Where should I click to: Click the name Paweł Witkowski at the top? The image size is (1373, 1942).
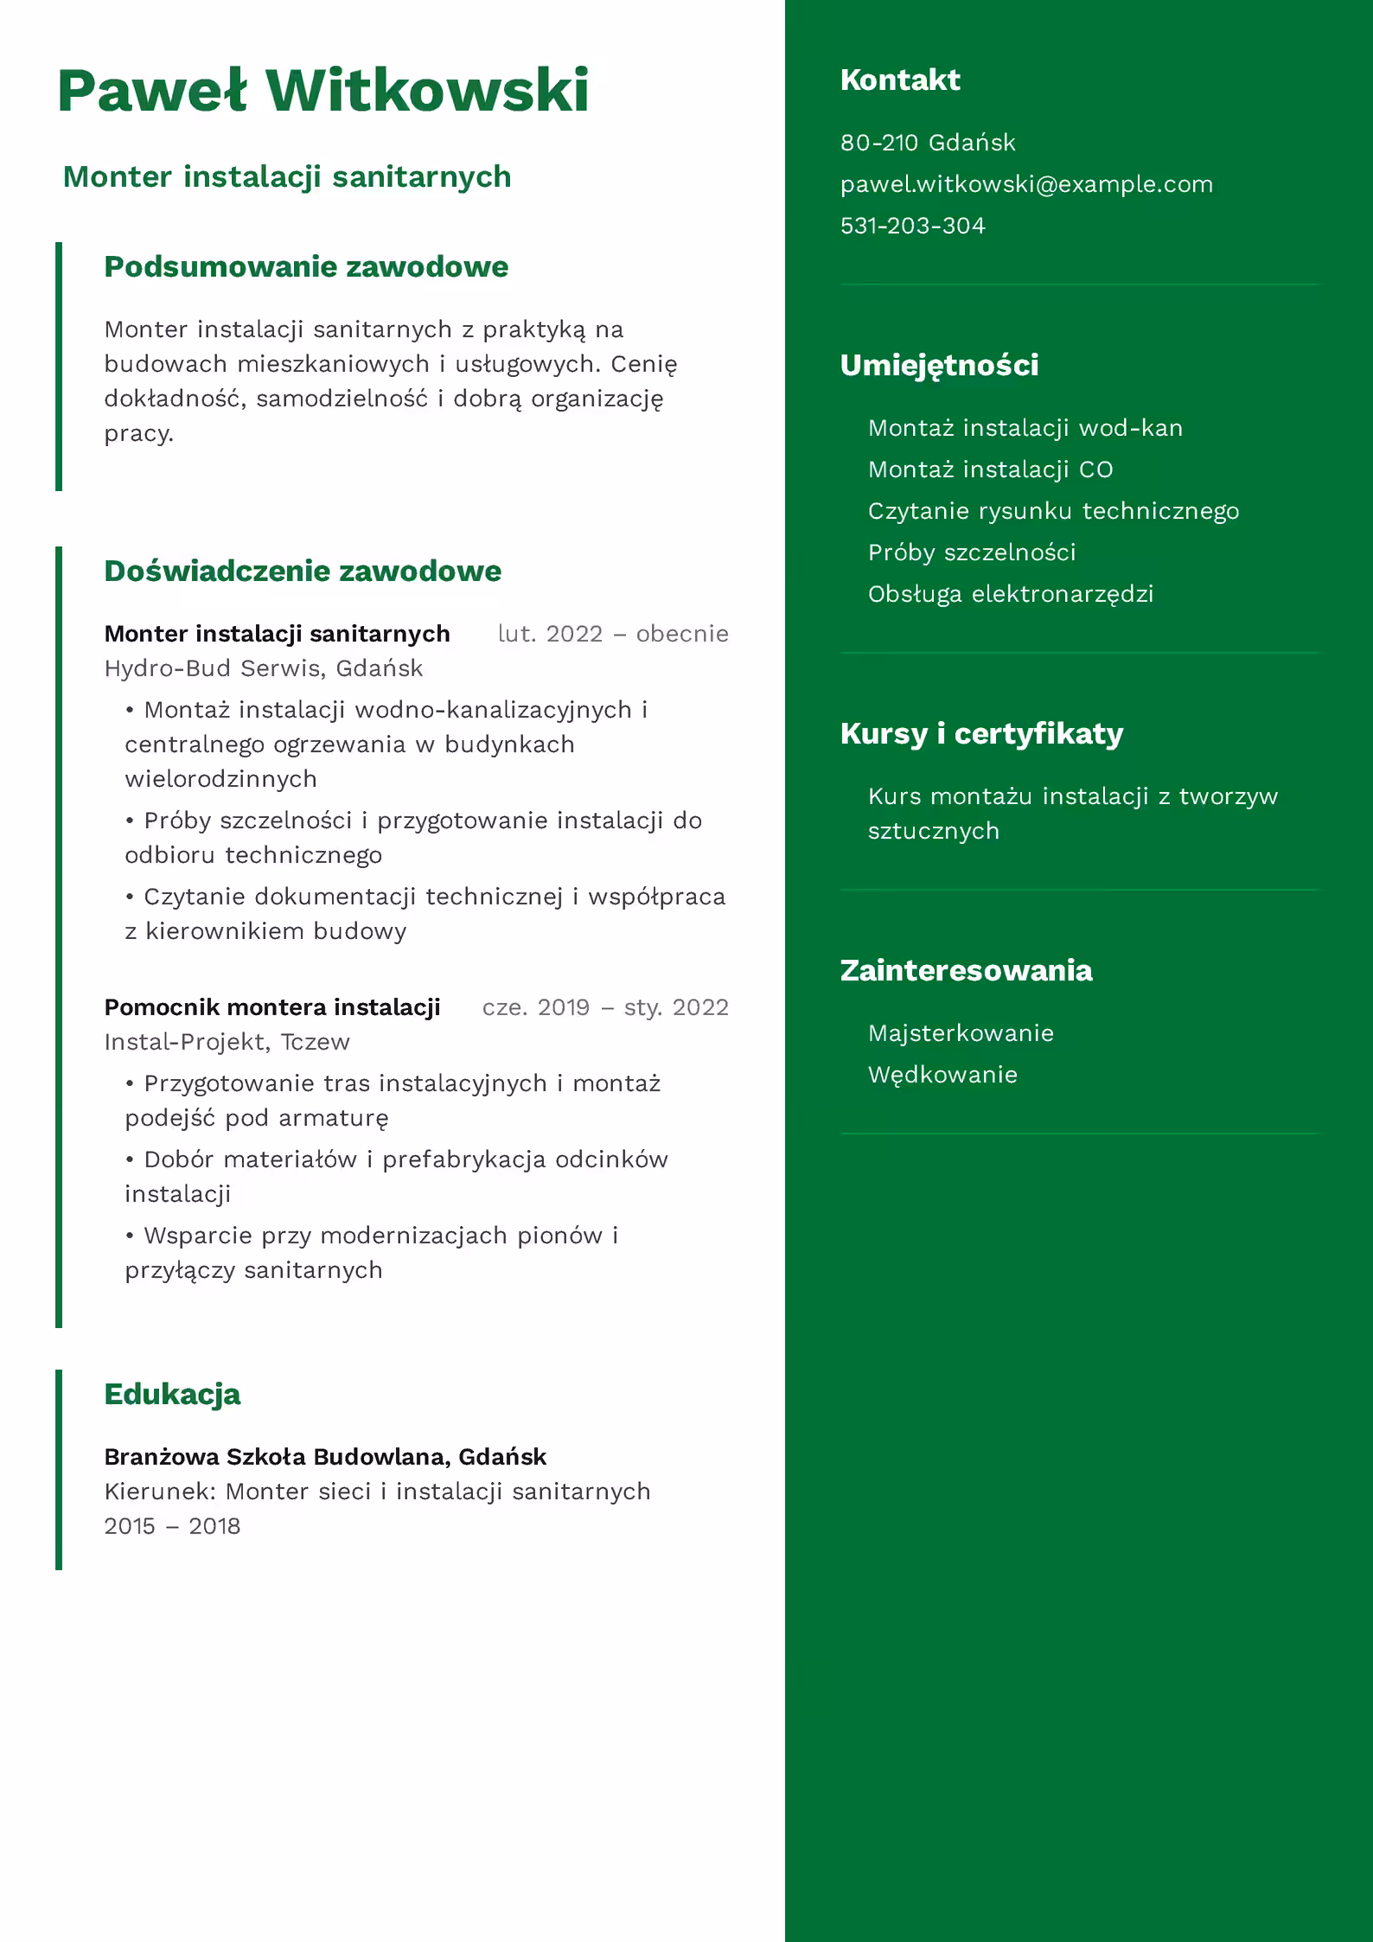[323, 91]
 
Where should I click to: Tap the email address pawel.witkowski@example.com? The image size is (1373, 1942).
[1026, 184]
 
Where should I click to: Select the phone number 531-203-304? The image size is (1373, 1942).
[912, 226]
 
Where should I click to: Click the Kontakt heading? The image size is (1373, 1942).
[899, 80]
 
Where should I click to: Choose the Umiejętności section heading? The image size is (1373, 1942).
[939, 365]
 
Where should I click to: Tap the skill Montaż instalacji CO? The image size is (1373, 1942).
[990, 470]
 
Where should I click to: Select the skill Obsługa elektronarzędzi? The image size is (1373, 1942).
[1010, 594]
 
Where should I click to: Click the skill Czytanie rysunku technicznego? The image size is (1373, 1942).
[1053, 511]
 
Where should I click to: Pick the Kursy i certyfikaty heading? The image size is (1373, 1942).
[981, 733]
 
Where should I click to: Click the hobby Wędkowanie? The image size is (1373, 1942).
[942, 1075]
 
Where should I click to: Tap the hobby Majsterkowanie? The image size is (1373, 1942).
[961, 1033]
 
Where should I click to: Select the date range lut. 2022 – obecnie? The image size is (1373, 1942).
[613, 634]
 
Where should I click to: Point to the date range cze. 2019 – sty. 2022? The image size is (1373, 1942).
[605, 1007]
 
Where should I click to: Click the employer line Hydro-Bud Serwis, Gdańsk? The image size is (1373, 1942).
[264, 668]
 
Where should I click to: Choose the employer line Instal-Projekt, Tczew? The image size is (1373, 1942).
[227, 1042]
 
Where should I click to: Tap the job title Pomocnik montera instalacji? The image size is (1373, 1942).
[272, 1007]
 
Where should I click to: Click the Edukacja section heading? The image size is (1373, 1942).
[172, 1394]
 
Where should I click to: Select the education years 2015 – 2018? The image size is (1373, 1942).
[172, 1526]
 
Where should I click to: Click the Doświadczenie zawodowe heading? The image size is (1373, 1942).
[303, 571]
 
